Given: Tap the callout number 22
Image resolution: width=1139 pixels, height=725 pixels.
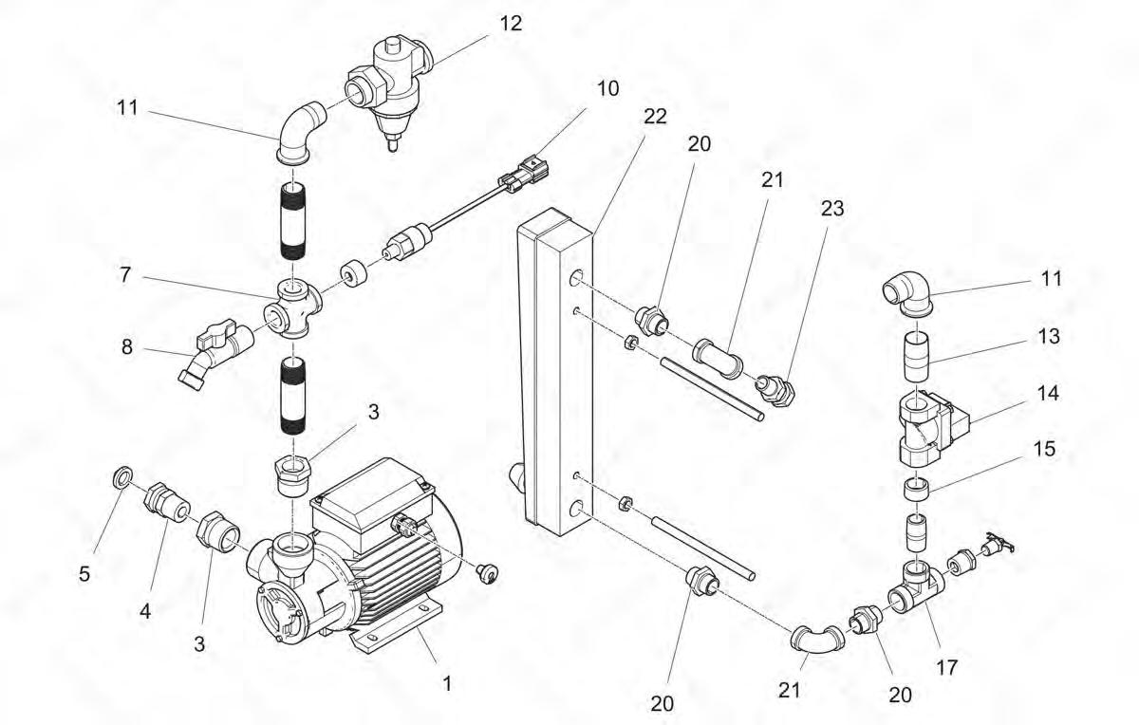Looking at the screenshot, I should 655,116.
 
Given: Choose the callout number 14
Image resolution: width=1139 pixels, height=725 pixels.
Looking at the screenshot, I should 1043,392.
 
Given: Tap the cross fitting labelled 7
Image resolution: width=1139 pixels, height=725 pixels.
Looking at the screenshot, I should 296,308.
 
